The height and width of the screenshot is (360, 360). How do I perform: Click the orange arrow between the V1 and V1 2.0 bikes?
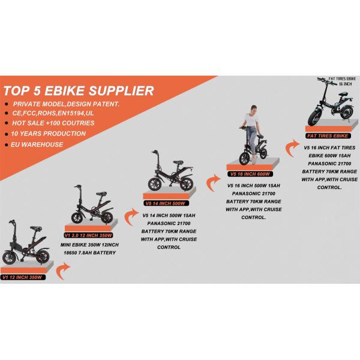click(63, 271)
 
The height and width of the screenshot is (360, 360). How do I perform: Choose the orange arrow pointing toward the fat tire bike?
click(293, 146)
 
